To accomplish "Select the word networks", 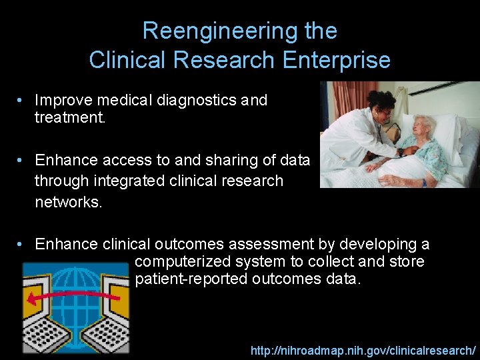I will pyautogui.click(x=69, y=202).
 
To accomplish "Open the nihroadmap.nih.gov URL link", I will pyautogui.click(x=363, y=350).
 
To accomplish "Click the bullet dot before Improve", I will pyautogui.click(x=22, y=100).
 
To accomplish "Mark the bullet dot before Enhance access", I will pyautogui.click(x=22, y=161).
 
